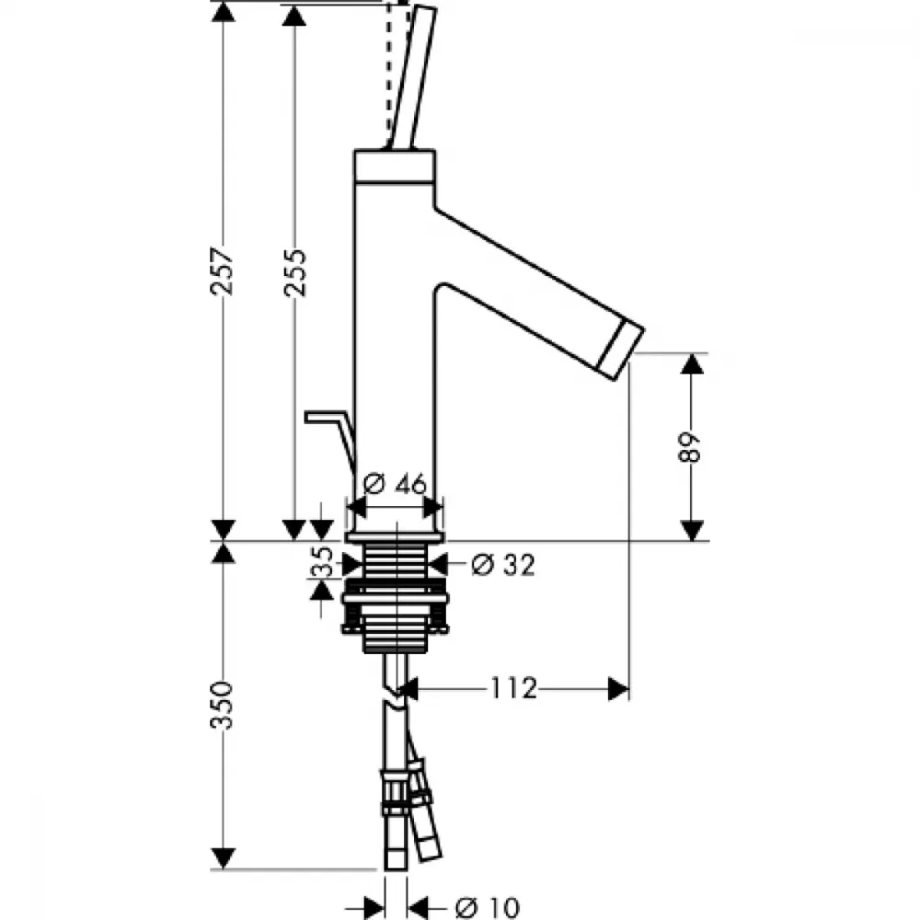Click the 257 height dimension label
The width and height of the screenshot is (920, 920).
223,271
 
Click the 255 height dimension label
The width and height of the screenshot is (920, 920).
294,273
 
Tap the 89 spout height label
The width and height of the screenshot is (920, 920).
690,448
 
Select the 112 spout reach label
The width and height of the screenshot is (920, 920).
514,688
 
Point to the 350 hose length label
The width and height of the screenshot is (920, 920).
222,705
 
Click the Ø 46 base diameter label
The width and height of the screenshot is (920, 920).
395,484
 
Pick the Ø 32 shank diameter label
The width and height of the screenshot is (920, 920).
503,565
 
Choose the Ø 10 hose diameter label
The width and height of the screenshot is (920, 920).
487,908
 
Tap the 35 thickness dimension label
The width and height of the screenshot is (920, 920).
321,562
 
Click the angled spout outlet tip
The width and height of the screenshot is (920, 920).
621,351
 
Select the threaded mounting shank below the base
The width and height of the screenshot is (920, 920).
395,596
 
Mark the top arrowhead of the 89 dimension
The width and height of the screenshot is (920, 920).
693,363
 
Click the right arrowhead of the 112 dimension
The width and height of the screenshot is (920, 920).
618,689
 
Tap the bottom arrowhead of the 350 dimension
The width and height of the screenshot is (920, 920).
223,858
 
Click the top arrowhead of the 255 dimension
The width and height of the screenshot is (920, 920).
294,15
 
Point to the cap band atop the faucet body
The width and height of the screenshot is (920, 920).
395,166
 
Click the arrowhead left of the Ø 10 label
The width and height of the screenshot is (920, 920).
374,908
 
